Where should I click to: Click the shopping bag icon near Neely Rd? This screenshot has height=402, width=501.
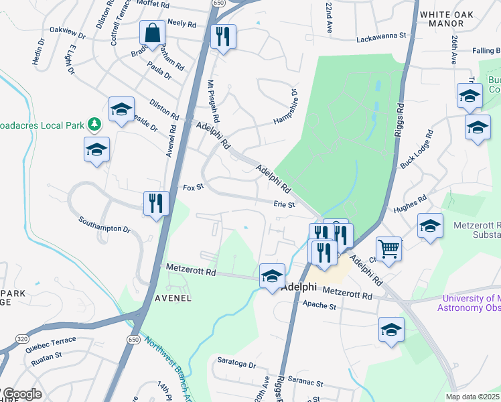[153, 33]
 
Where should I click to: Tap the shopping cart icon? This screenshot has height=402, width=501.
[388, 249]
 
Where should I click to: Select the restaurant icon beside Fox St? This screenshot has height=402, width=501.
[156, 202]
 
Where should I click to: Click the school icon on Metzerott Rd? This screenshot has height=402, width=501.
[272, 276]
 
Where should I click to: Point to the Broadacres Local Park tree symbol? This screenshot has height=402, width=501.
[95, 124]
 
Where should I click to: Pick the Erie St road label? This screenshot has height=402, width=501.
[284, 204]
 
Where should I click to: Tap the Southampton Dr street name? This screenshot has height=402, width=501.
[104, 224]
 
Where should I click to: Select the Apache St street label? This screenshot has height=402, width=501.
[319, 306]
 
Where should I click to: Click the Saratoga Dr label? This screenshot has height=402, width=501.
[237, 365]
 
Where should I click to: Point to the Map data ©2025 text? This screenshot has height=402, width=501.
[473, 397]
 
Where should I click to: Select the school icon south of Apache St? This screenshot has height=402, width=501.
[392, 330]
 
